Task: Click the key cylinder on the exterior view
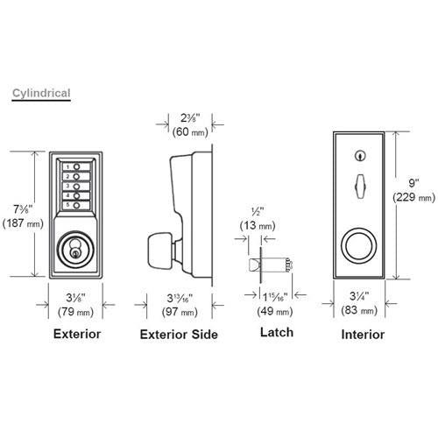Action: click(x=75, y=248)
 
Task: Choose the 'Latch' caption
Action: click(x=276, y=333)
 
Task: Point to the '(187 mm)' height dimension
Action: click(x=21, y=223)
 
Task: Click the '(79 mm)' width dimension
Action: click(x=76, y=313)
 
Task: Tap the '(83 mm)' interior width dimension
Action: click(x=359, y=312)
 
